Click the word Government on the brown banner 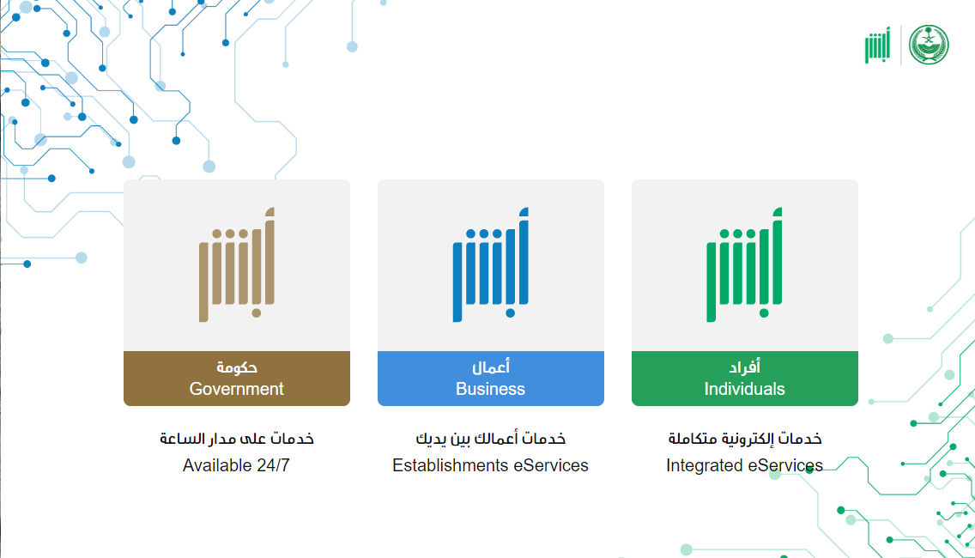[x=236, y=389]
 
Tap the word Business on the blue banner [x=491, y=389]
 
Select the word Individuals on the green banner [x=744, y=389]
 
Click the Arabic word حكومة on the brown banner [x=237, y=367]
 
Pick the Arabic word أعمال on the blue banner [x=491, y=367]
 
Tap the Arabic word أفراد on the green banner [x=745, y=367]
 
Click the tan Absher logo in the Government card [x=237, y=264]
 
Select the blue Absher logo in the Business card [x=491, y=264]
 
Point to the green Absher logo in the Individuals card [x=744, y=264]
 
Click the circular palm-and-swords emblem [x=929, y=45]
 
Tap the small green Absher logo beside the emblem [x=877, y=45]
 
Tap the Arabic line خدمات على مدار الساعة [x=237, y=439]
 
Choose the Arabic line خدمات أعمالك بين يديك [x=491, y=439]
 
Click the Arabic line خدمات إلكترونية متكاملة [x=745, y=439]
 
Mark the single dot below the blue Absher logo [x=510, y=312]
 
